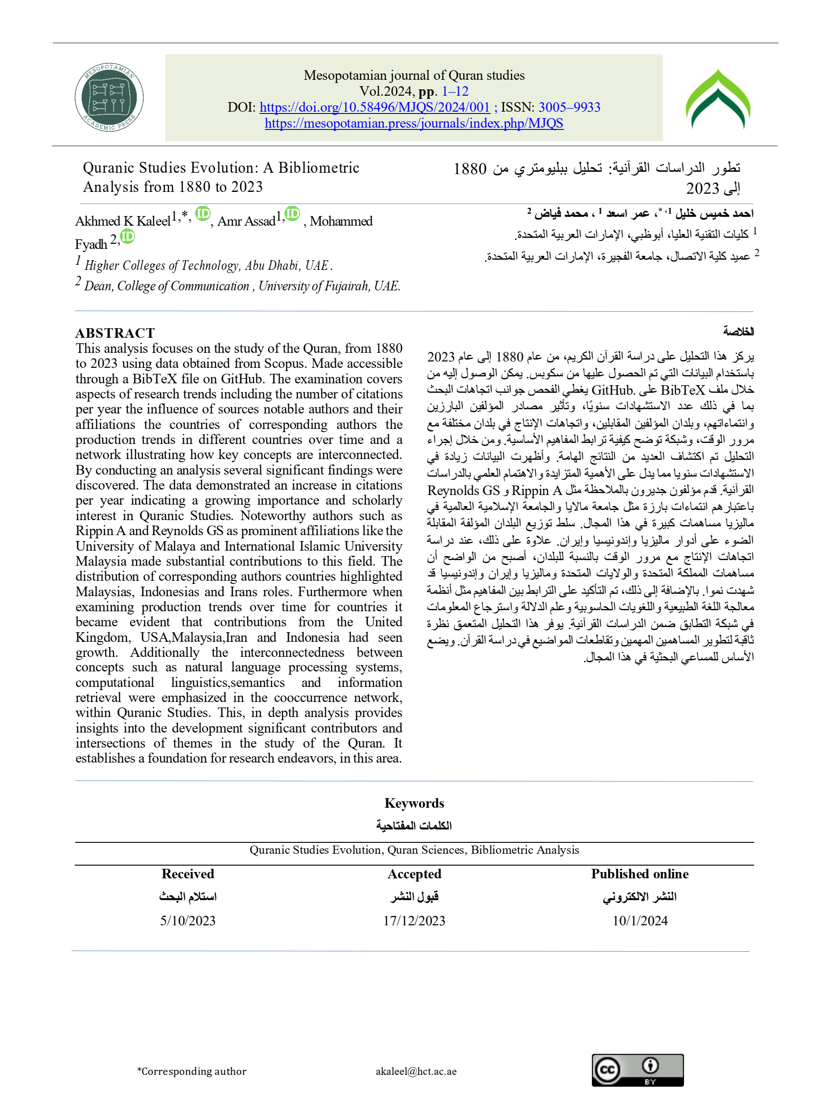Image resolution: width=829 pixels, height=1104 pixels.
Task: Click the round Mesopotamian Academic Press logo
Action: [x=109, y=98]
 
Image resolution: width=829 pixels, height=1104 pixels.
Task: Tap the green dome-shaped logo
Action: [x=718, y=99]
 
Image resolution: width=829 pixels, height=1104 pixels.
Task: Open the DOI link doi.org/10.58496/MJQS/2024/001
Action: [x=374, y=107]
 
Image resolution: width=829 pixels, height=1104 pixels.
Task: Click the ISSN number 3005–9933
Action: [x=570, y=107]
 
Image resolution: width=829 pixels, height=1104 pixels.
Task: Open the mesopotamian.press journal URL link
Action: [x=414, y=123]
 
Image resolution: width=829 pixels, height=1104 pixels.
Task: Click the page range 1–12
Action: [x=455, y=91]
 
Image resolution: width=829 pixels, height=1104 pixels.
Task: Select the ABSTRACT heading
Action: [x=115, y=333]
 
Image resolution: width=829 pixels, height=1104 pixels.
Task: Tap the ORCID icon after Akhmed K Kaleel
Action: [x=203, y=214]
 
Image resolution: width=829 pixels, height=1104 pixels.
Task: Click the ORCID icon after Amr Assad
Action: [x=292, y=214]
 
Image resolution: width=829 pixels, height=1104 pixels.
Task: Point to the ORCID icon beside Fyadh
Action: [x=128, y=236]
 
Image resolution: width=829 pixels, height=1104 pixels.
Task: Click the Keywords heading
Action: [x=414, y=803]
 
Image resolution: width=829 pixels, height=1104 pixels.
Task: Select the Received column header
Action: [x=188, y=874]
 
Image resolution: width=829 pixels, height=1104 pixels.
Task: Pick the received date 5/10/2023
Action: [x=188, y=921]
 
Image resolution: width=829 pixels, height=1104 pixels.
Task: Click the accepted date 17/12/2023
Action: [x=414, y=921]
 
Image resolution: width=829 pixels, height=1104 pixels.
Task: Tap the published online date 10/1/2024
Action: [x=640, y=921]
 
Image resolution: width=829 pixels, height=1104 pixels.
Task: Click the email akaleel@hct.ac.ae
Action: [x=416, y=1071]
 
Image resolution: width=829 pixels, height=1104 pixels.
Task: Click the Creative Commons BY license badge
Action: [x=637, y=1070]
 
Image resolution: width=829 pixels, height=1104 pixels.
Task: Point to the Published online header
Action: [x=640, y=874]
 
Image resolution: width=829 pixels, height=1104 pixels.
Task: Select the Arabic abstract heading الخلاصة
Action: [x=738, y=331]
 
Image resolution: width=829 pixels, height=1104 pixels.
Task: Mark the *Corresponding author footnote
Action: [x=192, y=1071]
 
